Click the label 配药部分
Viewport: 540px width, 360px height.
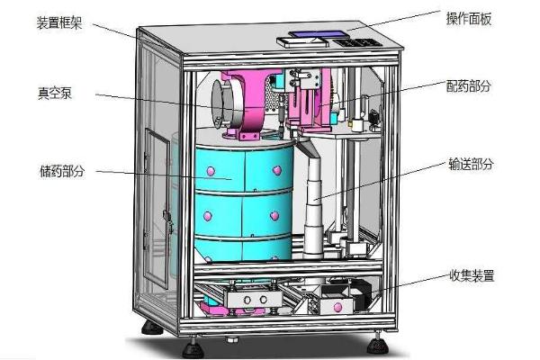point(468,85)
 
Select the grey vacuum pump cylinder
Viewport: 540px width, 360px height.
point(224,103)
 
